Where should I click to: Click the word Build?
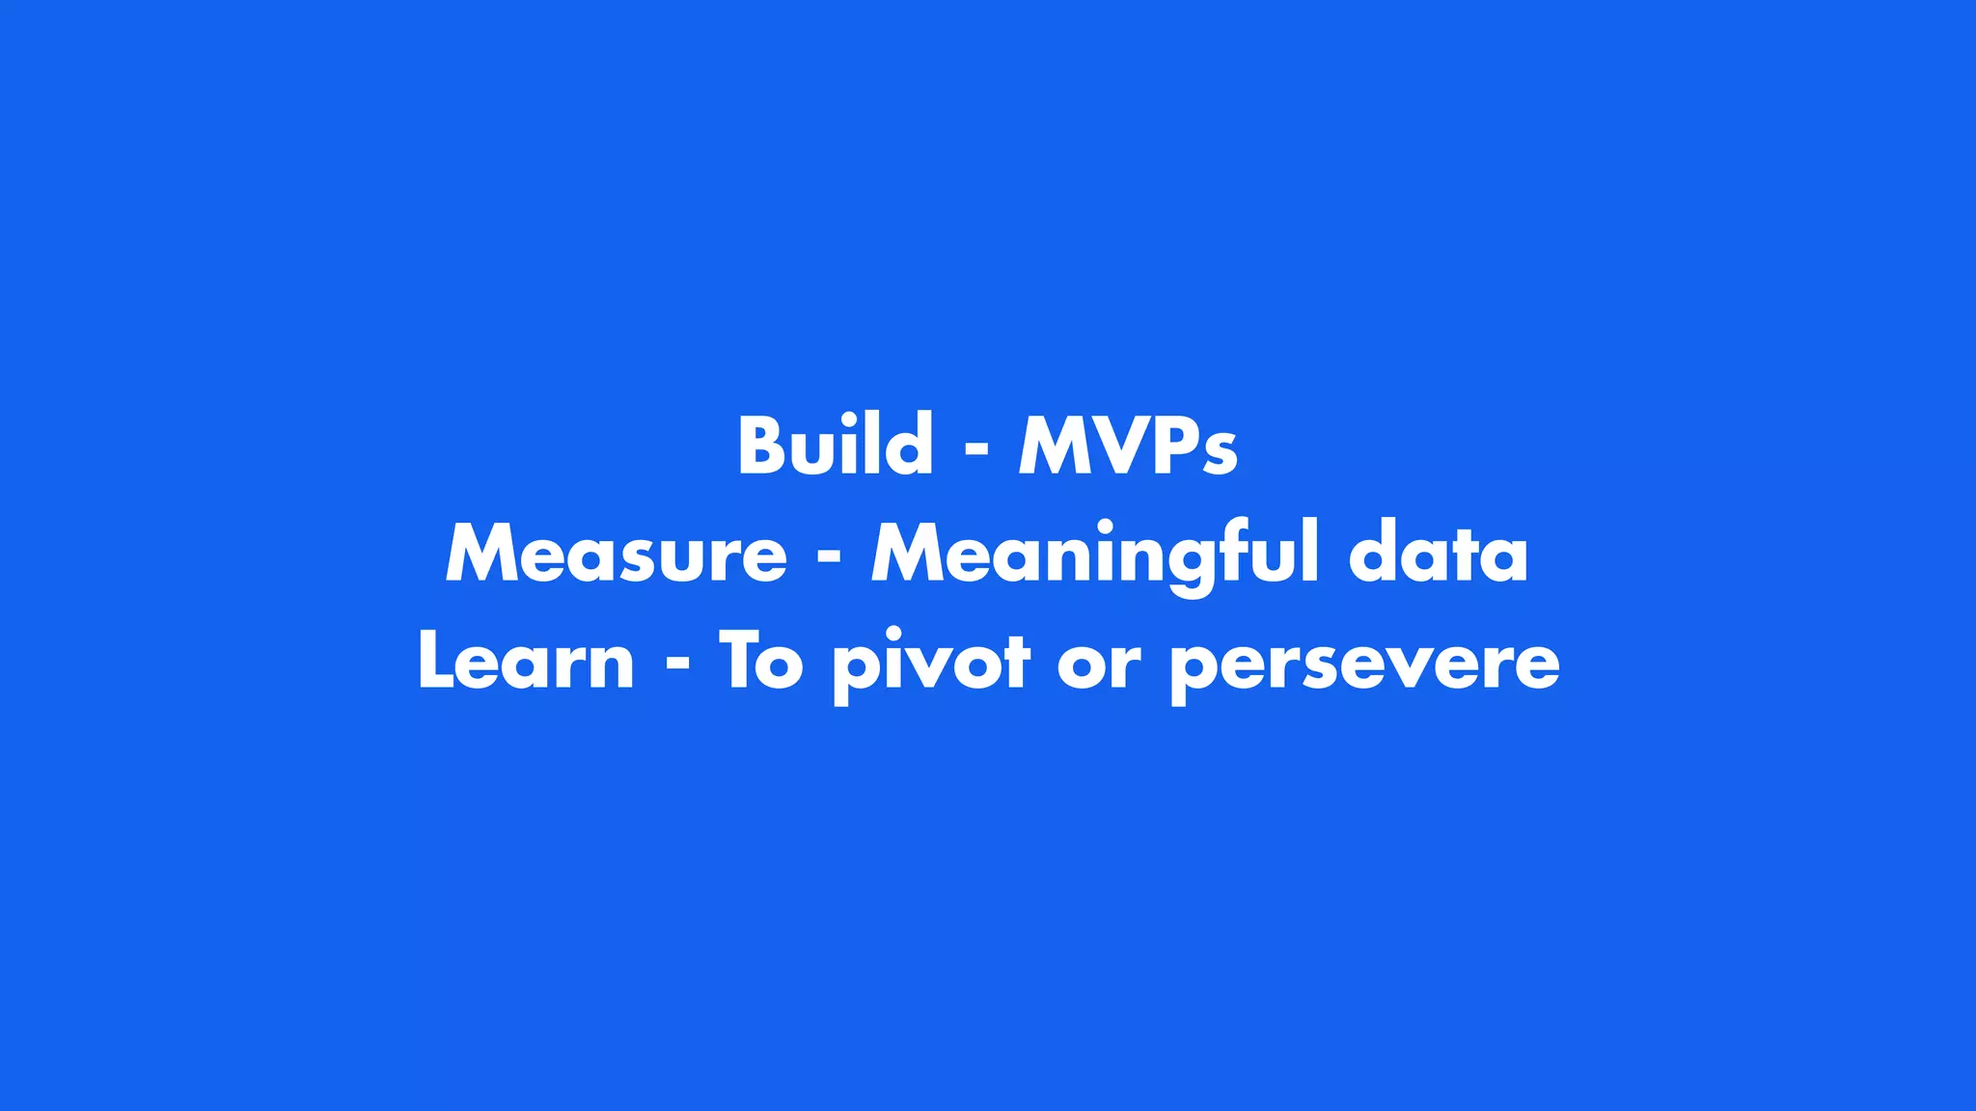coord(836,446)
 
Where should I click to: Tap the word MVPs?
coord(1128,446)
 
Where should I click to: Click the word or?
coord(1099,665)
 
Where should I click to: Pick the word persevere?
coord(1364,665)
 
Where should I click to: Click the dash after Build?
coord(976,450)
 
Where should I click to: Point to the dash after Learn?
coord(677,666)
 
